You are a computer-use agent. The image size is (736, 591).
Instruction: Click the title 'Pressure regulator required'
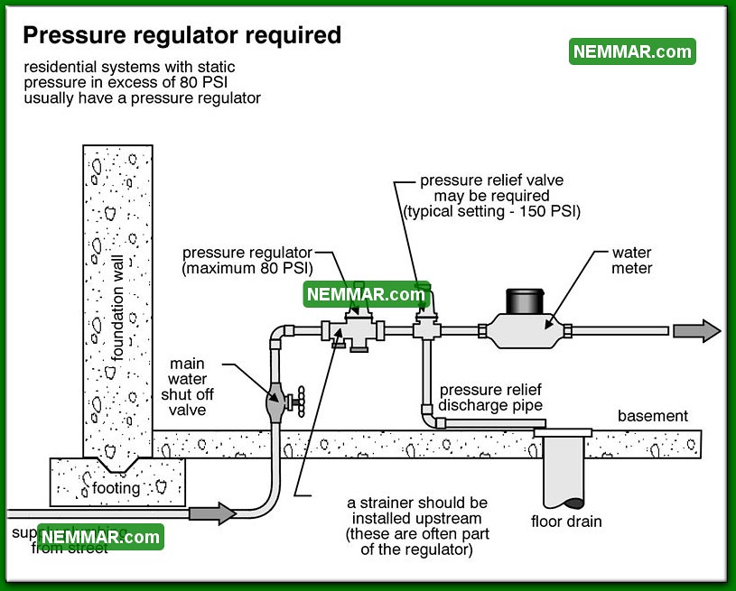[182, 35]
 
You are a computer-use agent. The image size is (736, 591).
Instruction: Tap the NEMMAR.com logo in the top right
[632, 51]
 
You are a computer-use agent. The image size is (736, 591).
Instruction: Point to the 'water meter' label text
[631, 261]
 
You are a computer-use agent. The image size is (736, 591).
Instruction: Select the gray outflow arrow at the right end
[696, 331]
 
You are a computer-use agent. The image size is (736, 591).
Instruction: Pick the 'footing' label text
[116, 488]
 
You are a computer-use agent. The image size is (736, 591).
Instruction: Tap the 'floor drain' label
[566, 521]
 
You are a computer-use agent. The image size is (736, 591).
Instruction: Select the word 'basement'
[652, 416]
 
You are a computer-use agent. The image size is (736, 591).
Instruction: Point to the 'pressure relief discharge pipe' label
[490, 398]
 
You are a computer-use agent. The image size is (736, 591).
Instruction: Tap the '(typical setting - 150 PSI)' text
[492, 211]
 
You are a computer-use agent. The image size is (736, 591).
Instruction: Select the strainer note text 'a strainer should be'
[417, 503]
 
